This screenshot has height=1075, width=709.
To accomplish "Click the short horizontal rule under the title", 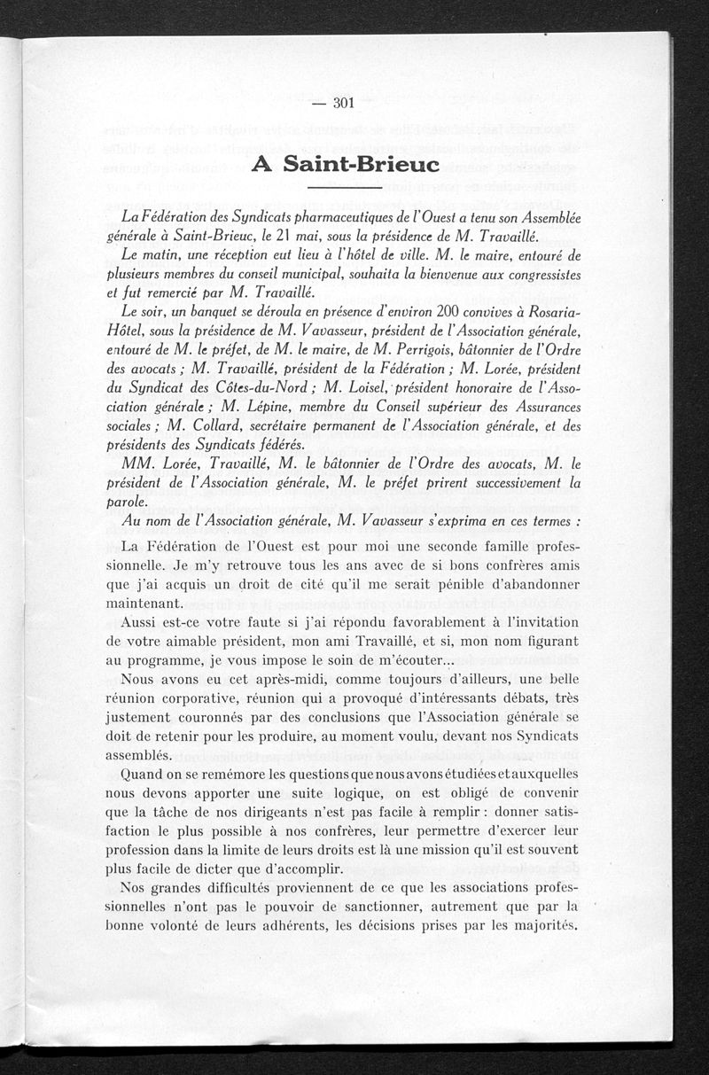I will click(342, 188).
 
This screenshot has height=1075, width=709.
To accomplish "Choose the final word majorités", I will click(539, 927).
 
